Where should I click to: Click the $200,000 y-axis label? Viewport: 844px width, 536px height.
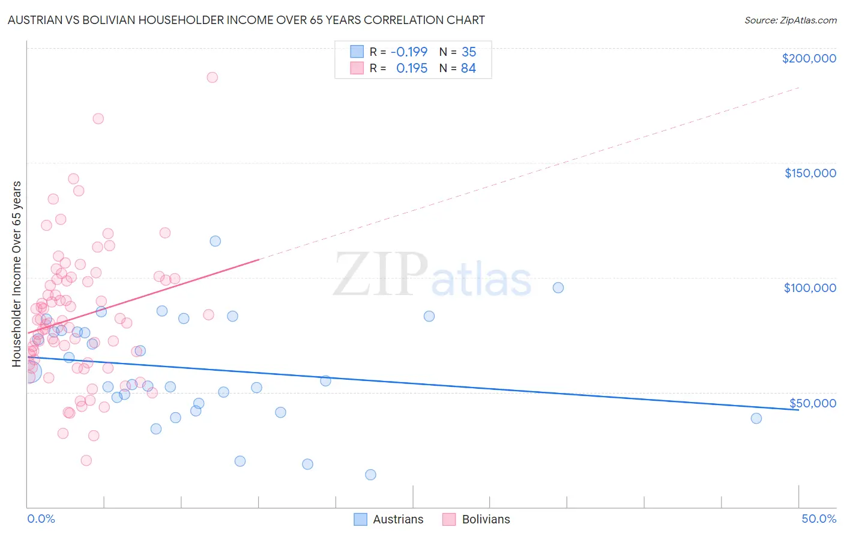(x=809, y=58)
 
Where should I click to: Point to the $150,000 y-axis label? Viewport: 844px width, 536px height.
(x=810, y=173)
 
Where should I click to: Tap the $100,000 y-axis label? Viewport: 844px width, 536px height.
(x=810, y=288)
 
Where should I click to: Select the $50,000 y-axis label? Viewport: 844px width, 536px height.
(x=812, y=403)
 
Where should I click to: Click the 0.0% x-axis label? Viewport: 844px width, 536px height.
(x=41, y=519)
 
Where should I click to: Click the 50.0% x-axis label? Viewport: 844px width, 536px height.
(x=819, y=519)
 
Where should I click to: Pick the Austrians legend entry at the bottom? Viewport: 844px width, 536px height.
(x=397, y=519)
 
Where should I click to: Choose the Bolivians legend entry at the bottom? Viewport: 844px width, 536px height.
(x=485, y=519)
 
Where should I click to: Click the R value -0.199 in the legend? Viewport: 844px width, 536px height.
(x=409, y=52)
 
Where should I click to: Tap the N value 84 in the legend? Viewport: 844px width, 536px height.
(x=468, y=68)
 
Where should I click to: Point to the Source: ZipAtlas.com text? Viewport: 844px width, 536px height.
(x=790, y=20)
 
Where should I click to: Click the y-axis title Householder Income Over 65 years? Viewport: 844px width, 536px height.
(x=16, y=274)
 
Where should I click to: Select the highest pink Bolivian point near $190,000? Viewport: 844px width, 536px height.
(x=212, y=78)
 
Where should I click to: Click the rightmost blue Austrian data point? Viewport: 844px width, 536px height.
(x=756, y=418)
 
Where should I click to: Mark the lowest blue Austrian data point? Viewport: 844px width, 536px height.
(x=370, y=475)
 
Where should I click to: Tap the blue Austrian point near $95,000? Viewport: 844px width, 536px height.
(x=558, y=288)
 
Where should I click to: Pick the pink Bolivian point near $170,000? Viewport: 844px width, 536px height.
(x=98, y=119)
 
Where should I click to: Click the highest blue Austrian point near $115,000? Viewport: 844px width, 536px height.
(x=215, y=241)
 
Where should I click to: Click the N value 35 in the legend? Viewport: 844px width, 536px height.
(x=469, y=52)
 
